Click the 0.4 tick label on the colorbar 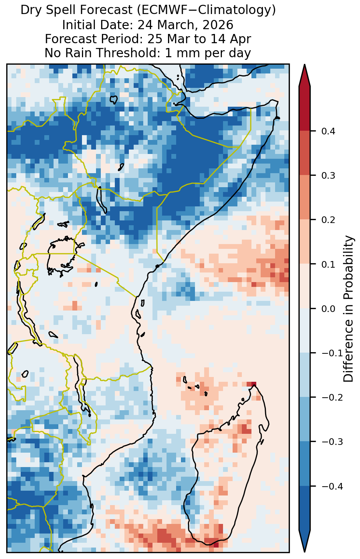[x=328, y=131]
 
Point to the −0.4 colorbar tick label [x=332, y=486]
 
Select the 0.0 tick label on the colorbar [x=328, y=309]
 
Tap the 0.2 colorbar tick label [x=328, y=220]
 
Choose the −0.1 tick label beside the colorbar [x=332, y=353]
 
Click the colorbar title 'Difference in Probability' [x=348, y=309]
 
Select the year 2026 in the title [x=218, y=25]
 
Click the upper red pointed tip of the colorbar [x=305, y=65]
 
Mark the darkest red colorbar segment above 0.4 [x=305, y=109]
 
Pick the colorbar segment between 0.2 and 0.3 [x=305, y=198]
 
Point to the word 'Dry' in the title [x=28, y=10]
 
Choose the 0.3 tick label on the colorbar [x=328, y=176]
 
